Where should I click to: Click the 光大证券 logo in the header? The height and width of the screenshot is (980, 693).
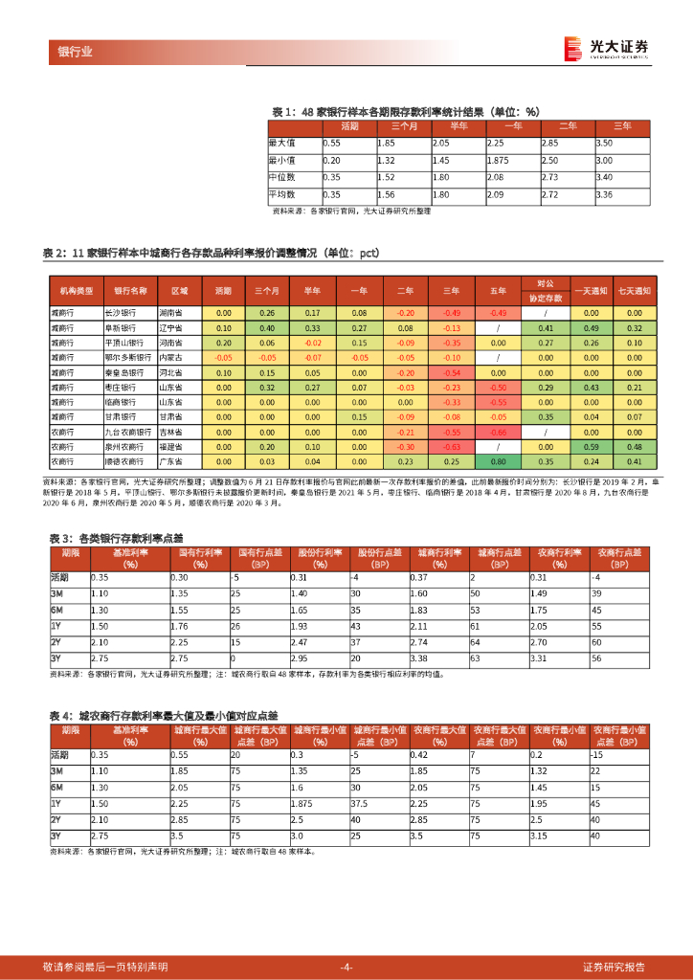pos(607,49)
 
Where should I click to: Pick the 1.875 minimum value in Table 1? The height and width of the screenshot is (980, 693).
pos(501,161)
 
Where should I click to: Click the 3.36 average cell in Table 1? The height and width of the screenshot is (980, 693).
pos(604,195)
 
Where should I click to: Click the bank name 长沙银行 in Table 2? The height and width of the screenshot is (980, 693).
pos(120,313)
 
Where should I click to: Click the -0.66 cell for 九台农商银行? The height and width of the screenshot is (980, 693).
pos(498,432)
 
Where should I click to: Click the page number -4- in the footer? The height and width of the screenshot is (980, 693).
pos(346,966)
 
